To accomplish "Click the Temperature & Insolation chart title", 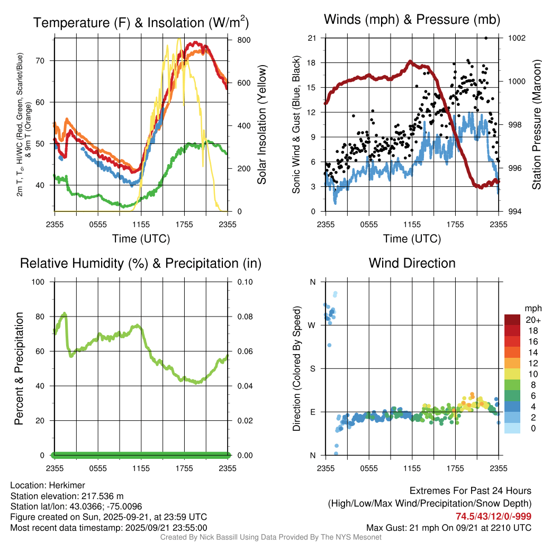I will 141,23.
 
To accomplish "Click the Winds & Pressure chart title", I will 412,20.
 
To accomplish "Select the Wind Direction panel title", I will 412,263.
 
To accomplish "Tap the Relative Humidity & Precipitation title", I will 141,263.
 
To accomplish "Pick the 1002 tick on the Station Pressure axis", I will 516,38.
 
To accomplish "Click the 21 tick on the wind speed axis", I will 312,38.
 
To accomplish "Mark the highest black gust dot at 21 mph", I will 486,38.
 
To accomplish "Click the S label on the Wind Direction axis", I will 312,368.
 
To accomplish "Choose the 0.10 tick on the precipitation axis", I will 244,282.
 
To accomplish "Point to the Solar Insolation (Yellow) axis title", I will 262,125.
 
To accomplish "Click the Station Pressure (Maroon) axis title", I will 536,125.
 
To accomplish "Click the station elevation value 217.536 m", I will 102,496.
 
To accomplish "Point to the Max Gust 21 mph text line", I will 449,528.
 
